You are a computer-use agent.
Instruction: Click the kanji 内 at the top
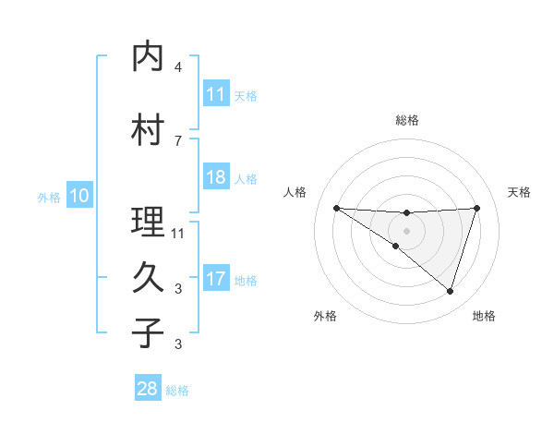point(149,57)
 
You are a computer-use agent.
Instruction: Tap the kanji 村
point(149,130)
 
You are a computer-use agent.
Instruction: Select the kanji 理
point(149,223)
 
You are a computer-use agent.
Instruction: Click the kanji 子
point(149,332)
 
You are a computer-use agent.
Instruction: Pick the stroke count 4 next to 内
point(178,67)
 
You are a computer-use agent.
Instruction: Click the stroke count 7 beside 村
point(178,140)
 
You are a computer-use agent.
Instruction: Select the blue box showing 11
point(216,94)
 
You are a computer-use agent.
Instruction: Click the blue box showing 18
point(216,177)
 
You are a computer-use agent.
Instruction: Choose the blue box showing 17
point(216,279)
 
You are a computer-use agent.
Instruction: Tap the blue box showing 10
point(79,196)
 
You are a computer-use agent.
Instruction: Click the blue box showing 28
point(148,389)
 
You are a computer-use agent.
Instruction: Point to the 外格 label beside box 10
point(48,197)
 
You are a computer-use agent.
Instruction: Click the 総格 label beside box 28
point(177,390)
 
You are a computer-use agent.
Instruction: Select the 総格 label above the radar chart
point(407,120)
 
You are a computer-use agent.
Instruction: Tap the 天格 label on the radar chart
point(520,192)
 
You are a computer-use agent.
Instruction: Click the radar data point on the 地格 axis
point(451,292)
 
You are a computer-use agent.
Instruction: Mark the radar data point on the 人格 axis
point(336,208)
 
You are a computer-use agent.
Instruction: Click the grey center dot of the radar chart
point(406,230)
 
